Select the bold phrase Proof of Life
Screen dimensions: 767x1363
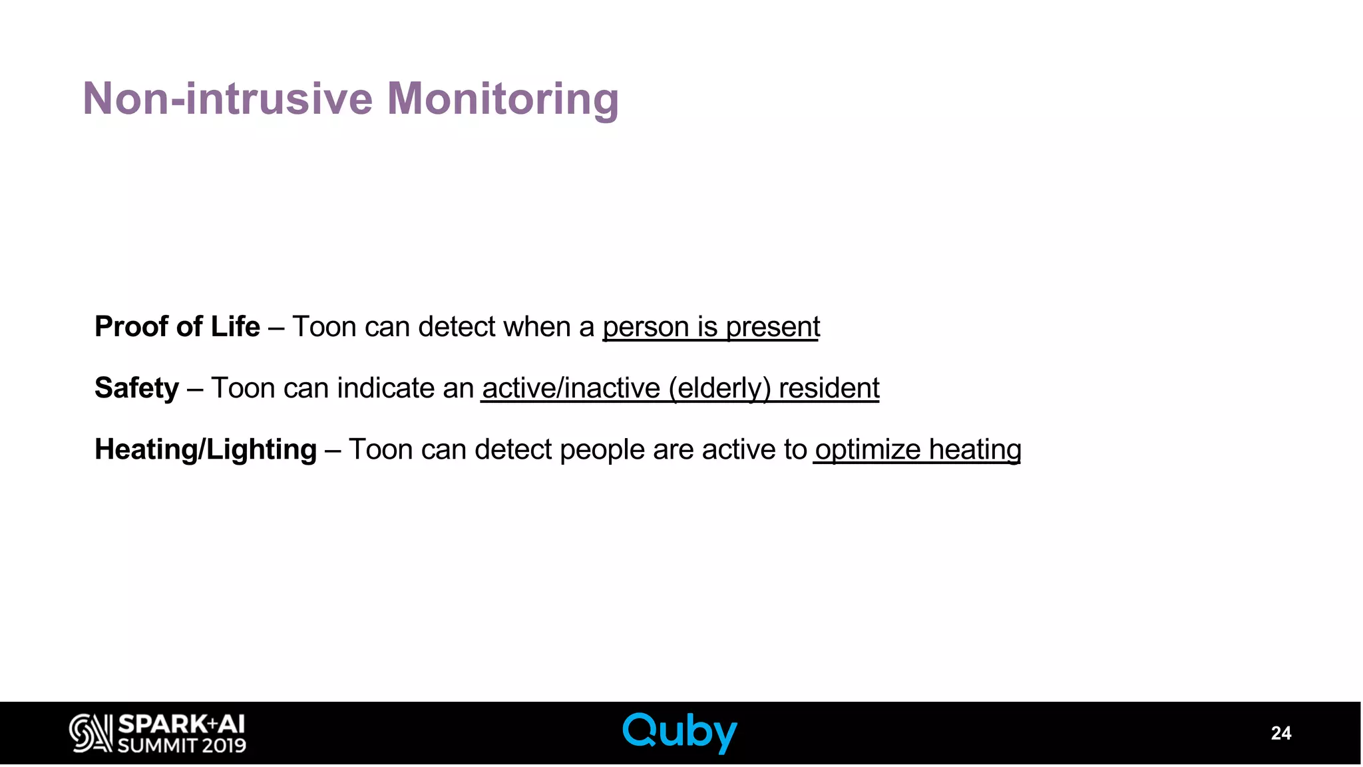click(177, 327)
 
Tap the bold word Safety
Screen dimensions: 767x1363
click(136, 388)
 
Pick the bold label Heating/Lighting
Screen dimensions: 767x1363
click(205, 449)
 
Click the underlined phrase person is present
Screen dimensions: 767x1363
click(711, 327)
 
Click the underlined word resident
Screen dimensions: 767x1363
click(829, 388)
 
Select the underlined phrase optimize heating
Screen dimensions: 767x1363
click(918, 449)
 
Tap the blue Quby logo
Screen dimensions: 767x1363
click(680, 732)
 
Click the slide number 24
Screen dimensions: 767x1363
click(1280, 733)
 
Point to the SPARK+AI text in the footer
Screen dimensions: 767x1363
click(181, 724)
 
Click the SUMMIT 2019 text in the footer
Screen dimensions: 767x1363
click(181, 746)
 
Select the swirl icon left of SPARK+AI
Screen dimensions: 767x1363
click(91, 734)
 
